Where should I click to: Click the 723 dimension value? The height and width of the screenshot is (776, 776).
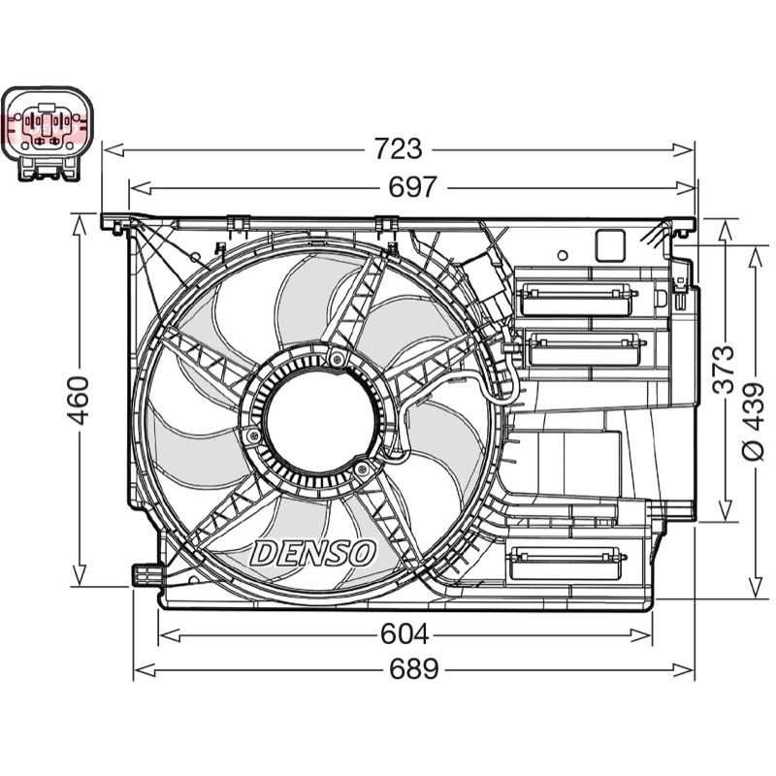pyautogui.click(x=398, y=149)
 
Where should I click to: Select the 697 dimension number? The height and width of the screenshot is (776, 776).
pyautogui.click(x=412, y=187)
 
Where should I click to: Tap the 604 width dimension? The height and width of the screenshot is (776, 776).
pyautogui.click(x=404, y=634)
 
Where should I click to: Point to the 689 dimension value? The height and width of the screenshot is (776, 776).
pyautogui.click(x=414, y=669)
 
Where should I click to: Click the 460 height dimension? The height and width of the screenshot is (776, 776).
pyautogui.click(x=79, y=401)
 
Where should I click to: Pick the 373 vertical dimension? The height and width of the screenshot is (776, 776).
pyautogui.click(x=724, y=370)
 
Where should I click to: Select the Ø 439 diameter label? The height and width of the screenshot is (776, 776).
pyautogui.click(x=755, y=422)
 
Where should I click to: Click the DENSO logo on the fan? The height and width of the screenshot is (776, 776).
pyautogui.click(x=312, y=553)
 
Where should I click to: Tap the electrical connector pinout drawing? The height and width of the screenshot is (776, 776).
pyautogui.click(x=48, y=134)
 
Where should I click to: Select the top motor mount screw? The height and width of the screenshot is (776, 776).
pyautogui.click(x=337, y=359)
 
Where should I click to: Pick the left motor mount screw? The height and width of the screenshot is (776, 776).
pyautogui.click(x=253, y=436)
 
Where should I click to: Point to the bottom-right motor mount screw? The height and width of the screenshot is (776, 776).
pyautogui.click(x=362, y=469)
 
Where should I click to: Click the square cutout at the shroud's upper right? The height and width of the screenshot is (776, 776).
pyautogui.click(x=610, y=246)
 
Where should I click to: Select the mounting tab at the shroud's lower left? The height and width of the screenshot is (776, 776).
pyautogui.click(x=146, y=574)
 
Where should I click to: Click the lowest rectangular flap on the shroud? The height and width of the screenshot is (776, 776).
pyautogui.click(x=565, y=563)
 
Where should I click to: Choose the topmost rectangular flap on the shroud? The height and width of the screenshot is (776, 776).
pyautogui.click(x=576, y=300)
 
